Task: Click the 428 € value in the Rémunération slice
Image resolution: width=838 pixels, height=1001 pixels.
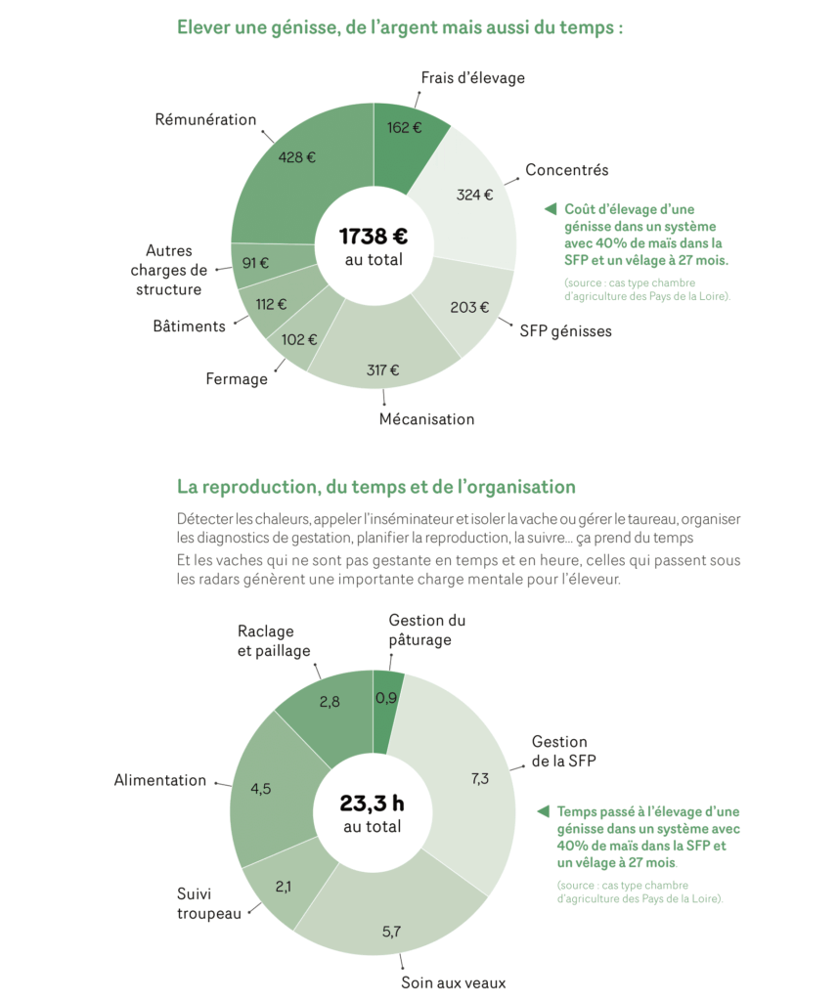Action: pyautogui.click(x=296, y=156)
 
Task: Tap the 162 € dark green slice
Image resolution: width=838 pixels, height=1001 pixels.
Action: pyautogui.click(x=404, y=127)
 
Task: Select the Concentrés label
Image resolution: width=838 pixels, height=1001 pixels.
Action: pyautogui.click(x=566, y=170)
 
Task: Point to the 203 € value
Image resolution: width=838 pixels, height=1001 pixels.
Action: pyautogui.click(x=469, y=307)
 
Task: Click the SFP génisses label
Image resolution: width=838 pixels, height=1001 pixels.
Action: pyautogui.click(x=565, y=330)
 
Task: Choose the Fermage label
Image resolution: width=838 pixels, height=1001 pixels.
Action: pyautogui.click(x=237, y=378)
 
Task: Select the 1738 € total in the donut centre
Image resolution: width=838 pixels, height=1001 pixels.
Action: pyautogui.click(x=373, y=236)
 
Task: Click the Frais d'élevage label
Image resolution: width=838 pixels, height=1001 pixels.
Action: pyautogui.click(x=472, y=77)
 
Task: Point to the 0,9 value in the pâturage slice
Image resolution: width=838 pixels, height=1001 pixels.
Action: pyautogui.click(x=386, y=698)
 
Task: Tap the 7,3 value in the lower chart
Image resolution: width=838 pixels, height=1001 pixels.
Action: pyautogui.click(x=479, y=779)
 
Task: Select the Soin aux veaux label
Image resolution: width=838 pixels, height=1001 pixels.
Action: pyautogui.click(x=453, y=982)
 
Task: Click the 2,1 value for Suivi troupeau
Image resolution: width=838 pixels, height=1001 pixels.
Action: pyautogui.click(x=284, y=887)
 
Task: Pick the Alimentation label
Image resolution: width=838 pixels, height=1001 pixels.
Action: pyautogui.click(x=160, y=780)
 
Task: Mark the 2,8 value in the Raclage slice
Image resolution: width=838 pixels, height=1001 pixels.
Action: pyautogui.click(x=330, y=701)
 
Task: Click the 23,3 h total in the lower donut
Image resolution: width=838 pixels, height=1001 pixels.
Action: pyautogui.click(x=372, y=803)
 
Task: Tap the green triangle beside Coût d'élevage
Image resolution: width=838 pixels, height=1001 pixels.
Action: pyautogui.click(x=550, y=209)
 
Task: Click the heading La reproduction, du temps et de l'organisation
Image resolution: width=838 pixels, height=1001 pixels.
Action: pyautogui.click(x=376, y=486)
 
